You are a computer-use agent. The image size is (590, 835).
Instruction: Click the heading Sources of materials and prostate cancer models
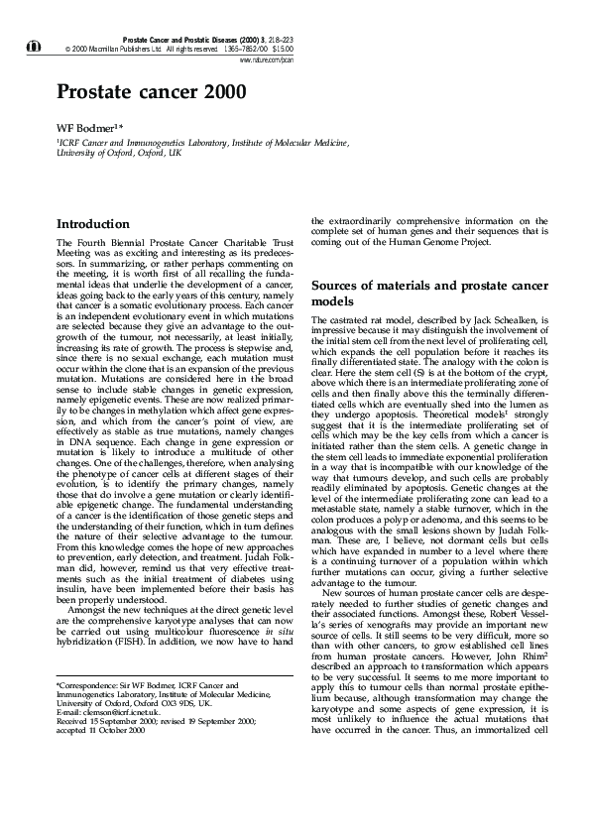click(428, 292)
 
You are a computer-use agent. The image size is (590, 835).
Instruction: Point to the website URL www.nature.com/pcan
click(267, 59)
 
